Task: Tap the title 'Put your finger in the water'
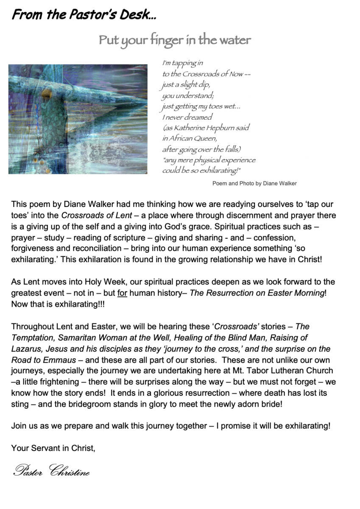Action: click(x=175, y=40)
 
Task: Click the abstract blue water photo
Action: click(x=78, y=119)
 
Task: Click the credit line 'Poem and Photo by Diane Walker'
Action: click(x=254, y=184)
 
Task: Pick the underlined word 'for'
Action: click(x=122, y=292)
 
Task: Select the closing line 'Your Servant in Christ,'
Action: click(x=53, y=448)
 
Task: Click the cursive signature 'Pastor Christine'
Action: click(x=51, y=470)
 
